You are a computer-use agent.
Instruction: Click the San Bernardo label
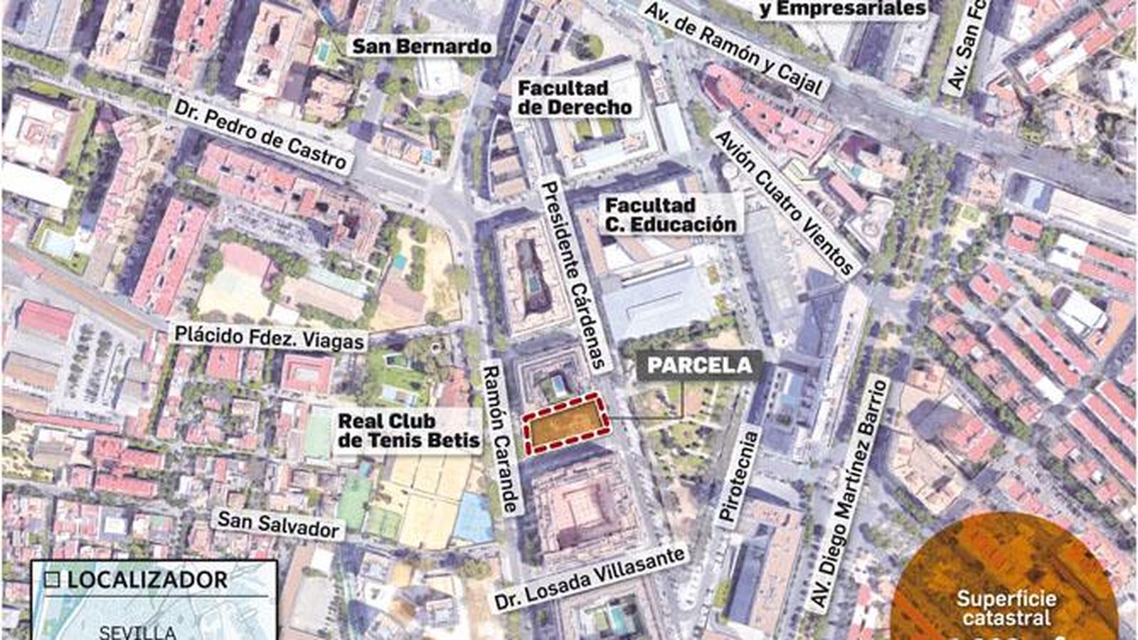(x=422, y=46)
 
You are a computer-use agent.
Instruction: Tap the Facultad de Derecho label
(x=575, y=98)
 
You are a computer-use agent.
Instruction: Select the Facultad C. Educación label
(x=670, y=215)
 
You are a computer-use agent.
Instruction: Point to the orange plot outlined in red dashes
(x=568, y=424)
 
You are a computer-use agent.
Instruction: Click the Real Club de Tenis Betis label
(x=408, y=430)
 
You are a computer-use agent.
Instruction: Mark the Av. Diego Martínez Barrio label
(x=851, y=496)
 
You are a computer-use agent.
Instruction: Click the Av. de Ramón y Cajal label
(x=735, y=48)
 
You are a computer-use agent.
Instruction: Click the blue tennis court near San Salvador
(x=474, y=516)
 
